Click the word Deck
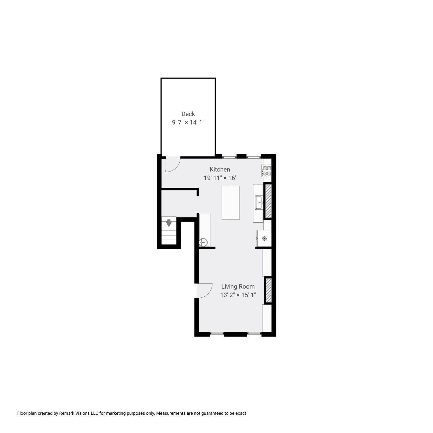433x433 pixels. tap(188, 114)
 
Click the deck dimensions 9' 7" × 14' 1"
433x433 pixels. tap(188, 122)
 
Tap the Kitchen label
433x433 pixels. tap(220, 169)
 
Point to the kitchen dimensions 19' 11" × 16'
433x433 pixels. tap(220, 178)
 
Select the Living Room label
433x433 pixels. tap(238, 287)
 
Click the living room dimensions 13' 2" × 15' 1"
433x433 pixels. tap(238, 295)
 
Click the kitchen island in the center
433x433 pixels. tap(231, 202)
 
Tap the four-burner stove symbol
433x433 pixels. tap(267, 170)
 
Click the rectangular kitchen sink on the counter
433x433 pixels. tap(259, 202)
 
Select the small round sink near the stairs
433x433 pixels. tap(203, 243)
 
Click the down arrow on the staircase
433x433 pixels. tap(169, 223)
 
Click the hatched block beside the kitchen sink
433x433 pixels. tap(268, 201)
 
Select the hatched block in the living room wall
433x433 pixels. tap(269, 290)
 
